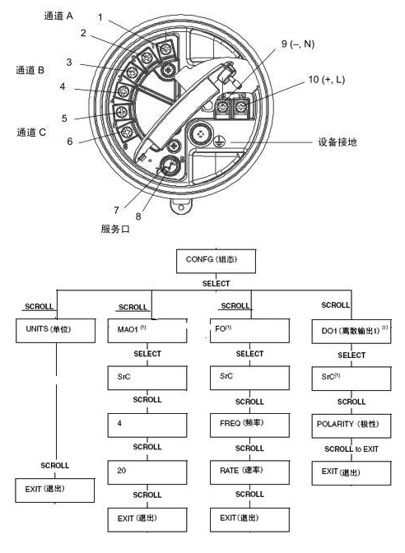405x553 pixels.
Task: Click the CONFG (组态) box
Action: (x=216, y=263)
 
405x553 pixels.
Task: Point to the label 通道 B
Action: (x=30, y=72)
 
